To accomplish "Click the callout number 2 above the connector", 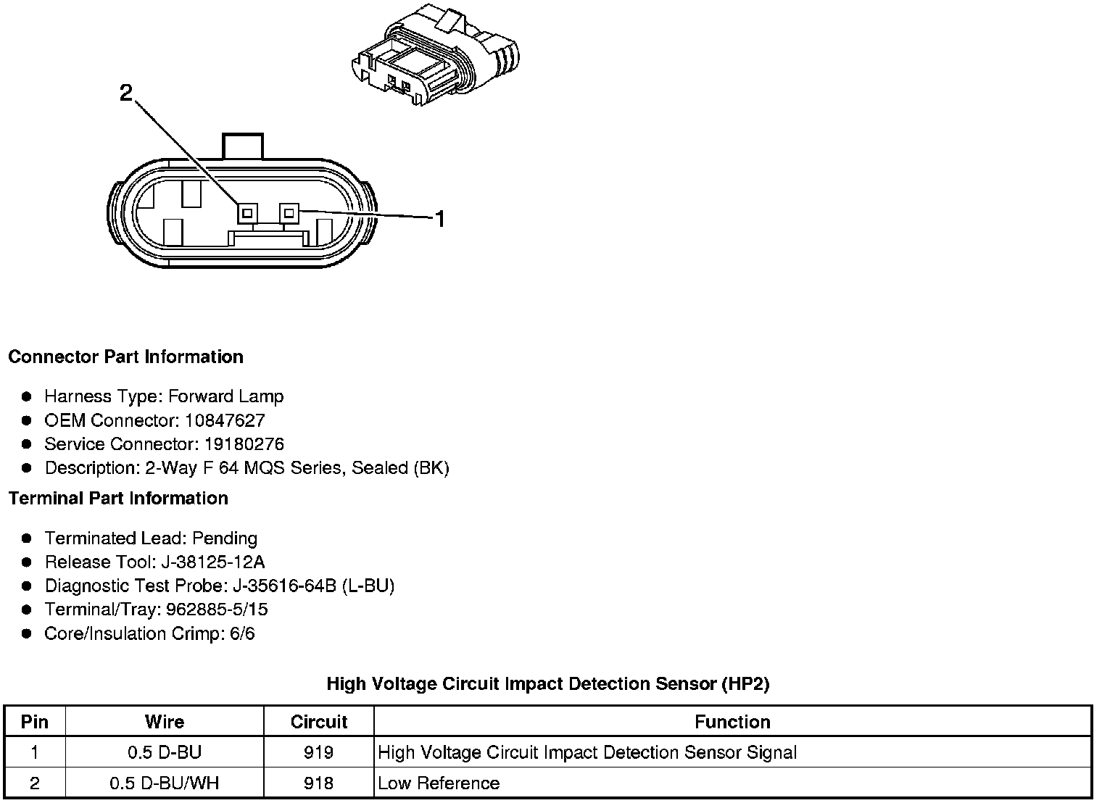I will (126, 93).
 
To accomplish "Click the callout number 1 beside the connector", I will (439, 218).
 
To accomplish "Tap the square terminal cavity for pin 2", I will (247, 212).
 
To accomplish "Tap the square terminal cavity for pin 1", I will (289, 212).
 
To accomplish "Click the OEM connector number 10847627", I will (225, 420).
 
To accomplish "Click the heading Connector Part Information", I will (125, 357).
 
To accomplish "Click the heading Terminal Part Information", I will (118, 499).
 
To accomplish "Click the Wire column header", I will (165, 722).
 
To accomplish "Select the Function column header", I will (732, 722).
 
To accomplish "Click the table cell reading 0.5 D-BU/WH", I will (165, 783).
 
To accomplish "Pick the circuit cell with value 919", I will (319, 753).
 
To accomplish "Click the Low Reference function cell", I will (439, 783).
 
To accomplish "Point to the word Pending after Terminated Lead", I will (225, 538).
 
